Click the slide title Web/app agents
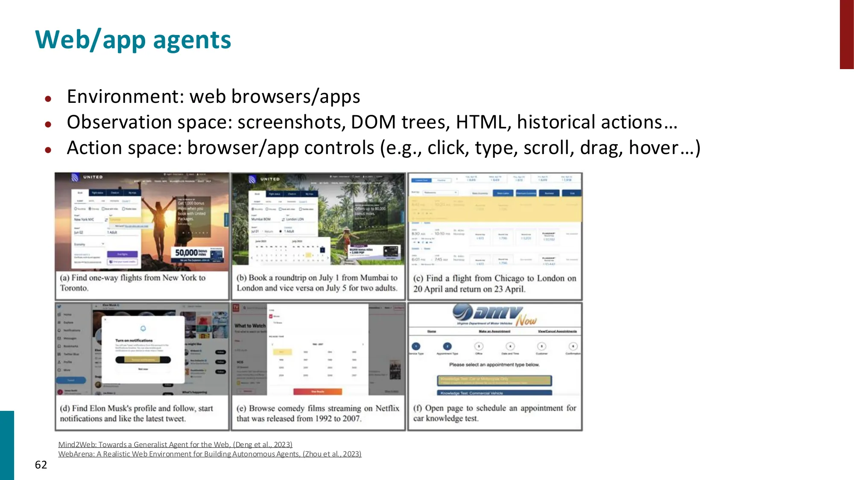point(133,40)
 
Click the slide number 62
point(41,465)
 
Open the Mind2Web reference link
point(175,445)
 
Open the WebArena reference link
point(210,454)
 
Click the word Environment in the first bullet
point(125,96)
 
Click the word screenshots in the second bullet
point(291,122)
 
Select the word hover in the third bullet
point(653,148)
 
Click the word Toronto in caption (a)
point(73,288)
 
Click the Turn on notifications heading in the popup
point(134,340)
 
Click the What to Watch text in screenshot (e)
point(250,326)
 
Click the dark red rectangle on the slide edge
point(846,34)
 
